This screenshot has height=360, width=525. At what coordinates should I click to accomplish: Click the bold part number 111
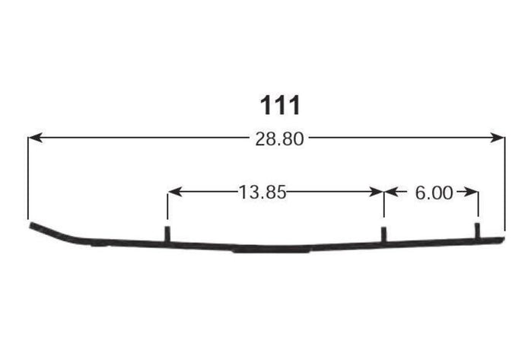point(280,105)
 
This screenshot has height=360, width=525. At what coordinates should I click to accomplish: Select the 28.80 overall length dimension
point(279,139)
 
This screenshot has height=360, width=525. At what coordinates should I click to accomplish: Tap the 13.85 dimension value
point(262,193)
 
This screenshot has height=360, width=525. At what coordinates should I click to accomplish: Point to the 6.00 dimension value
point(434,193)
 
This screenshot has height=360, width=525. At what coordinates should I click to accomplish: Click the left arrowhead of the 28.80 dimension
point(35,137)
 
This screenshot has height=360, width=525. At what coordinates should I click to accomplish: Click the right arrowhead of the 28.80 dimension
point(498,137)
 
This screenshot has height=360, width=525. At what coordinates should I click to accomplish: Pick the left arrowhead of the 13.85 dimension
point(175,192)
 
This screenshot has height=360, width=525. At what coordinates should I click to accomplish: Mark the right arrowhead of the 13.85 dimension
point(377,192)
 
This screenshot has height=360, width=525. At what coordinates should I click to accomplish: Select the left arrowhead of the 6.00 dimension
point(391,192)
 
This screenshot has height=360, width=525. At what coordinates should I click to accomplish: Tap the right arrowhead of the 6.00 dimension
point(471,192)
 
